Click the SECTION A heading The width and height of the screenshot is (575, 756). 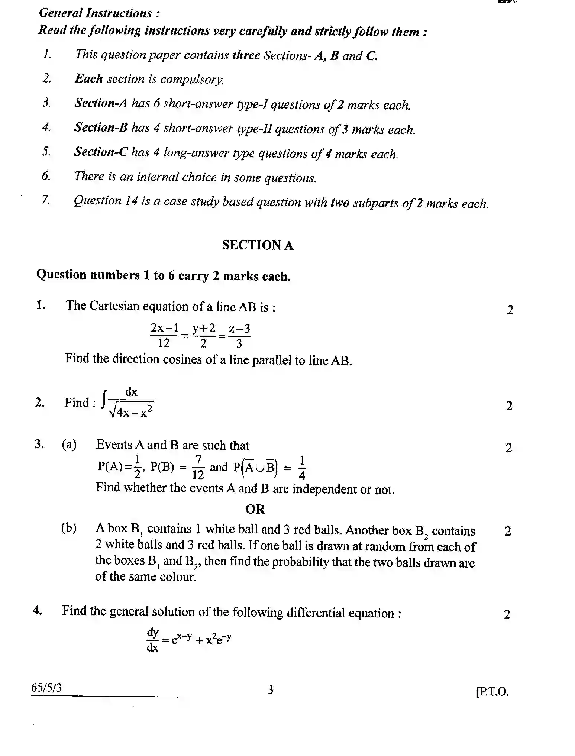(258, 245)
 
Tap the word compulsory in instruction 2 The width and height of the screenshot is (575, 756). (192, 79)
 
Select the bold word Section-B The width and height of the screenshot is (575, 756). (101, 127)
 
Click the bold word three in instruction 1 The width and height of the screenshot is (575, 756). (246, 55)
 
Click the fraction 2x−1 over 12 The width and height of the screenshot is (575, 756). (164, 335)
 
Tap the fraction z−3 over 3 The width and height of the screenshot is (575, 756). (239, 335)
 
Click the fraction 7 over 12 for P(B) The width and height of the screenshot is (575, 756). (198, 467)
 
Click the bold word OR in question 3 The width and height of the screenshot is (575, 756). (255, 509)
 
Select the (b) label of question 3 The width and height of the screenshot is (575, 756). (69, 528)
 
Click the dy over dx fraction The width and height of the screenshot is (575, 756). (152, 640)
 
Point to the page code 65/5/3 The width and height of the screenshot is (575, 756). (46, 688)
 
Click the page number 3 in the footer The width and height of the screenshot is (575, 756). (271, 690)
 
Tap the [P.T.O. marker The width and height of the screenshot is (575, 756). (492, 691)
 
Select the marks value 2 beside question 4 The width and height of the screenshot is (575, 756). (507, 615)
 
